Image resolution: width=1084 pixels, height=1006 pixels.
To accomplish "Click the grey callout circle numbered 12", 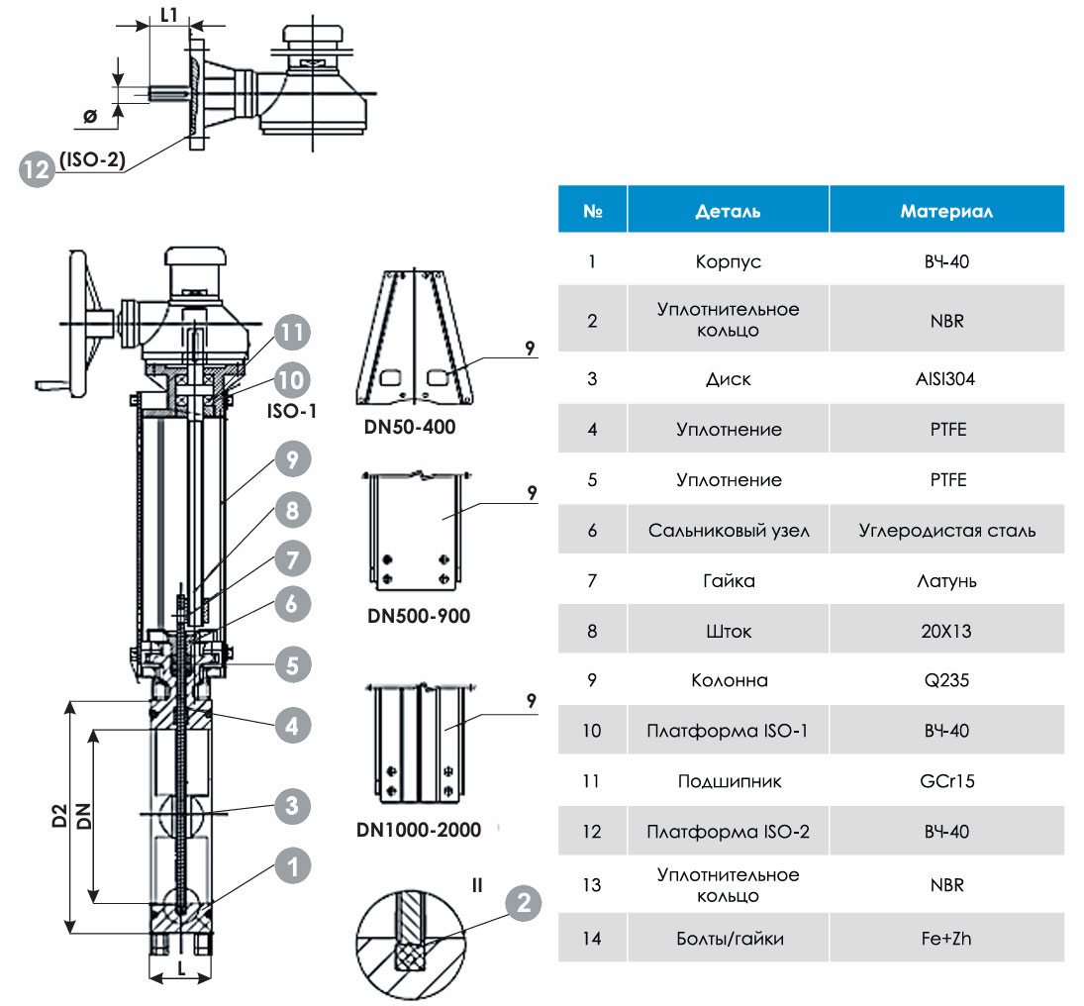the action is (37, 169).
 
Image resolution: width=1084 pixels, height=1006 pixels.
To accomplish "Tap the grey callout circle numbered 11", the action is (292, 333).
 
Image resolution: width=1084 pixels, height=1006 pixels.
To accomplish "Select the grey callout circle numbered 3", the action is (292, 805).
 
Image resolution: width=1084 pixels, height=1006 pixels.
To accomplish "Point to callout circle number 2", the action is (524, 902).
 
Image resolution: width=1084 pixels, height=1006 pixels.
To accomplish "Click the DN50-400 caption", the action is (410, 427).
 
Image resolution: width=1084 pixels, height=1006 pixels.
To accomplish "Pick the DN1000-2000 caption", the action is (418, 829).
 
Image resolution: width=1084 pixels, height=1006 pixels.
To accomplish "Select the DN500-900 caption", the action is (418, 615).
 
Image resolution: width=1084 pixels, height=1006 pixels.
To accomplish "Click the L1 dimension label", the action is (169, 15).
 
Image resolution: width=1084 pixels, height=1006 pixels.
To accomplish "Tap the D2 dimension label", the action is (60, 816).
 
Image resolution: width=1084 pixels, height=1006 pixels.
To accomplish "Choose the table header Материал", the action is (946, 211).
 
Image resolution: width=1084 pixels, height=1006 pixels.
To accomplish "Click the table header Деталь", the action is (728, 211).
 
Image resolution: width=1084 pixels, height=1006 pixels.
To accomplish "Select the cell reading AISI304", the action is (945, 379).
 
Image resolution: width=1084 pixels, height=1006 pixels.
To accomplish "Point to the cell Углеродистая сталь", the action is (947, 531).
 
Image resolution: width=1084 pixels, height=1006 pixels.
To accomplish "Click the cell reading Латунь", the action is (946, 581).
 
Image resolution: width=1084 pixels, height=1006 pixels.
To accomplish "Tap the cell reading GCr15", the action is (947, 781).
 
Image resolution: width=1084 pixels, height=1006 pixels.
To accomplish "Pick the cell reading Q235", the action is (946, 680).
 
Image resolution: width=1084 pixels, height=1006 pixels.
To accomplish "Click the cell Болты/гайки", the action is (730, 939).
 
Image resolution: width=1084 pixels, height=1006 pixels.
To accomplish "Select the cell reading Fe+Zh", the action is (946, 939).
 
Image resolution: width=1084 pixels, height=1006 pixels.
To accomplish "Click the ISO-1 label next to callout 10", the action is (292, 411).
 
